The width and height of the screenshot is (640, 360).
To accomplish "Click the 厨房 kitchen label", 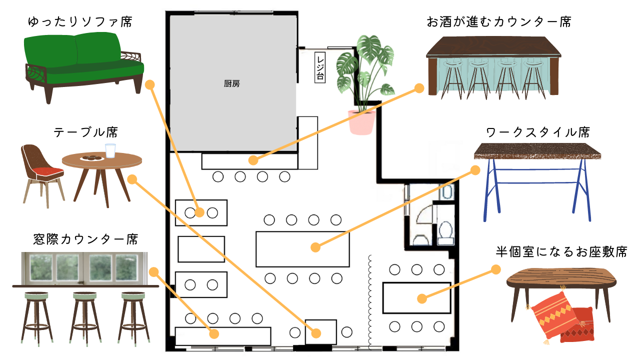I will pos(232,84).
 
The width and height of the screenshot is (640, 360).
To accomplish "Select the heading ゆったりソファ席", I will pos(80,22).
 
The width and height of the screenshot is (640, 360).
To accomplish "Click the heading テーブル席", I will pos(85,132).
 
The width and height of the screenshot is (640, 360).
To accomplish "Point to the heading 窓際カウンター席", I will pos(85,239).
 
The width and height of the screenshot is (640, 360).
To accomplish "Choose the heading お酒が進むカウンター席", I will pos(499,22).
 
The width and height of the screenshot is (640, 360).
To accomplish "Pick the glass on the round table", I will pos(110,150).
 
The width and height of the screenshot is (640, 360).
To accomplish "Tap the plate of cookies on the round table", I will pos(92,158).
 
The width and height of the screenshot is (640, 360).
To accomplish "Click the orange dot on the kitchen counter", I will pos(253,160).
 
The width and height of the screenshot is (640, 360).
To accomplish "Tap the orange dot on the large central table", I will pos(315,247).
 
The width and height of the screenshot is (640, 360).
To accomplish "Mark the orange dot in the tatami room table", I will pos(422,299).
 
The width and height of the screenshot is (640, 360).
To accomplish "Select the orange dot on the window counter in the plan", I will pos(214,333).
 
